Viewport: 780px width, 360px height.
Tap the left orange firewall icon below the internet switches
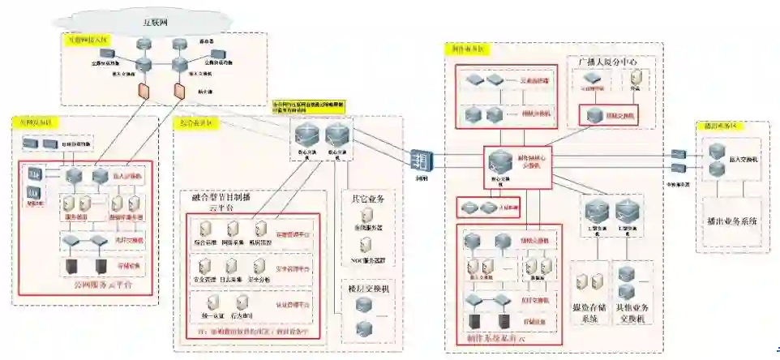[144, 88]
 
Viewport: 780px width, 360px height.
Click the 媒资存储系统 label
[590, 312]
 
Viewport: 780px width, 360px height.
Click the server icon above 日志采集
[232, 264]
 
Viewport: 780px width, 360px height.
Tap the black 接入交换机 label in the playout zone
[744, 161]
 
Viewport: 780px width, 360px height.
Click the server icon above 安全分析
[258, 264]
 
